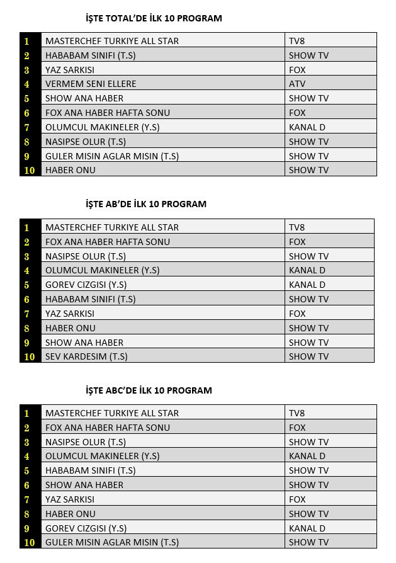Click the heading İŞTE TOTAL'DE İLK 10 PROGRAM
[x=154, y=18]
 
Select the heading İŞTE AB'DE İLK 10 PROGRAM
[x=146, y=204]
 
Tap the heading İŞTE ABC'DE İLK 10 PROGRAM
[x=149, y=390]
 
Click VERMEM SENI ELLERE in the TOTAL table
[x=91, y=84]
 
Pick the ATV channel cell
[x=297, y=84]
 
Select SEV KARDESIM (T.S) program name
[x=86, y=356]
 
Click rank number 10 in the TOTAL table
[x=30, y=170]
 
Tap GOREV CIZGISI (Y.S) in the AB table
[x=86, y=285]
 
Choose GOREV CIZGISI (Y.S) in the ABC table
[x=86, y=528]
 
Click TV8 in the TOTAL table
[x=297, y=41]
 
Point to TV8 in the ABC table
[x=297, y=413]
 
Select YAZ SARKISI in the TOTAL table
[x=69, y=70]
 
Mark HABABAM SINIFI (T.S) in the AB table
[x=90, y=299]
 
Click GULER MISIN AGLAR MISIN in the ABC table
[x=111, y=542]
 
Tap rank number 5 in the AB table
[x=27, y=285]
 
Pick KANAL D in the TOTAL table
[x=307, y=127]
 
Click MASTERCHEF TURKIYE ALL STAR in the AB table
[x=111, y=227]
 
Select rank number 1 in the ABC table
[x=27, y=413]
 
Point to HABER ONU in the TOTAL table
[x=70, y=170]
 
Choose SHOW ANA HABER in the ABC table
[x=84, y=485]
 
